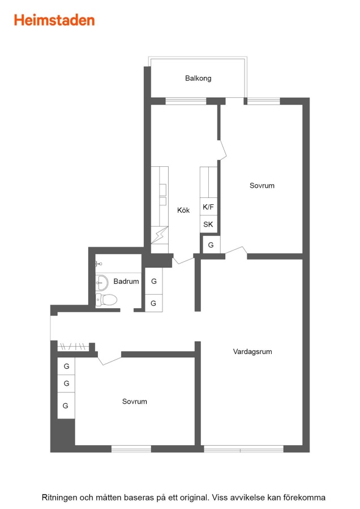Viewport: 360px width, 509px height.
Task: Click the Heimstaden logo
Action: click(54, 20)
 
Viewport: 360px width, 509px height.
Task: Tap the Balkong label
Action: click(198, 78)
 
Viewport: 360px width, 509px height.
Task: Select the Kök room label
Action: click(183, 210)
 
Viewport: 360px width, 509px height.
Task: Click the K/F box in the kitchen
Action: click(208, 206)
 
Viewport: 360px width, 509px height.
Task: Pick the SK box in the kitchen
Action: click(208, 224)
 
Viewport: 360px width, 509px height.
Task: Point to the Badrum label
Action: click(126, 281)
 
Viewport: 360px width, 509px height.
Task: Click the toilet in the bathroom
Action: click(106, 300)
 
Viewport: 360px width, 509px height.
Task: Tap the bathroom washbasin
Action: click(102, 283)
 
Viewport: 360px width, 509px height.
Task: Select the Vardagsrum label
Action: click(252, 352)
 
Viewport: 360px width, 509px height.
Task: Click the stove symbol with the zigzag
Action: click(160, 235)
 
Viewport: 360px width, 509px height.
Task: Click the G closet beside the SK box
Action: click(211, 245)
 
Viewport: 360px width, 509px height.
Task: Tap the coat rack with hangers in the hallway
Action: click(73, 347)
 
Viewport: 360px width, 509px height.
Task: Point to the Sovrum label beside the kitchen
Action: click(262, 186)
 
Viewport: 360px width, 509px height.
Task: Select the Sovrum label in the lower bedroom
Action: click(135, 401)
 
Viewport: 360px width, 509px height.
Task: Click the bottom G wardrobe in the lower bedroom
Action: click(66, 406)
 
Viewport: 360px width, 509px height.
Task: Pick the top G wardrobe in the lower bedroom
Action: click(66, 366)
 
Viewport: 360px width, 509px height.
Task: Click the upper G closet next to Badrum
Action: click(154, 281)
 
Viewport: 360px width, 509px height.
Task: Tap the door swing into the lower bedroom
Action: click(109, 358)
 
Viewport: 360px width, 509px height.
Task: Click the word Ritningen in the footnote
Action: click(59, 497)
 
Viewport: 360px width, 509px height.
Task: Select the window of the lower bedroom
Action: click(131, 449)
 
